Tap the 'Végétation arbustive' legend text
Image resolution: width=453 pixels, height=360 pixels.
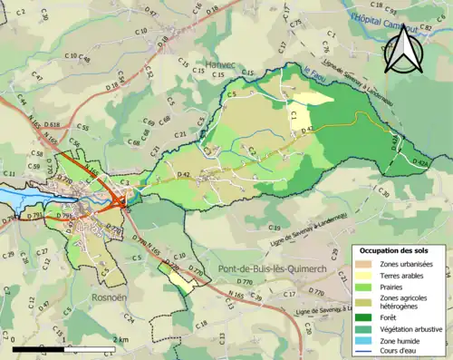(x=410, y=329)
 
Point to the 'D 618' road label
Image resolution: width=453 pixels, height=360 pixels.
(x=52, y=123)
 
